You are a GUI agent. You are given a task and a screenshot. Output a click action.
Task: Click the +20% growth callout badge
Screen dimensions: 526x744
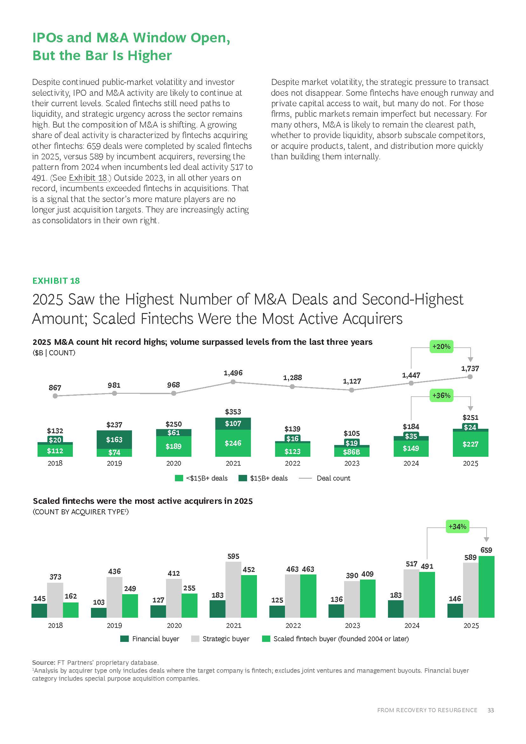(x=441, y=346)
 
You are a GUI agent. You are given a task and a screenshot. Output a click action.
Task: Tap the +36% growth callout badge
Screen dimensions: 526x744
(x=441, y=395)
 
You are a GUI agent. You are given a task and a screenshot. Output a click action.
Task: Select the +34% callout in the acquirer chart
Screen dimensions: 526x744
(x=457, y=526)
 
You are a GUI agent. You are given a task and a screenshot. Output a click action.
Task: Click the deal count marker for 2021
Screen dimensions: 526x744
(x=233, y=382)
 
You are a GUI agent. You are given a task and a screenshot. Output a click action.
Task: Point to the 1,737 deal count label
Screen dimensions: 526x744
(x=470, y=368)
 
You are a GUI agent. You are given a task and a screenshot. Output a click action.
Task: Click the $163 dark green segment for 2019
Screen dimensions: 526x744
(x=114, y=439)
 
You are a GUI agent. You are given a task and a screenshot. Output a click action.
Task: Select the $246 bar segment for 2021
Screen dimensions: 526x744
(x=233, y=443)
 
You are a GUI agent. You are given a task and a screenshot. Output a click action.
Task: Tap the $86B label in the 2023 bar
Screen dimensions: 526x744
(x=351, y=452)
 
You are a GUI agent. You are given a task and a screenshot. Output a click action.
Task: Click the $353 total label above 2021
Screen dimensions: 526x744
(x=233, y=412)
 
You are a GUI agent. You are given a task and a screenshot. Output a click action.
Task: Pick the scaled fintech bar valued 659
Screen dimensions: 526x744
(x=487, y=587)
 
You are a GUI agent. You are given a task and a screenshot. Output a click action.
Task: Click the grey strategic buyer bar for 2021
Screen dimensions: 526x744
(x=233, y=590)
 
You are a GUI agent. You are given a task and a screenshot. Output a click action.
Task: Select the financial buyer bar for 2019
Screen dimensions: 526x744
(x=99, y=613)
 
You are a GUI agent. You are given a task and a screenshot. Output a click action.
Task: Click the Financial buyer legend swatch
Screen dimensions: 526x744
(x=124, y=639)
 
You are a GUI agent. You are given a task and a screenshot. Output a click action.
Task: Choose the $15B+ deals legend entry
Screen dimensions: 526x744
(x=263, y=478)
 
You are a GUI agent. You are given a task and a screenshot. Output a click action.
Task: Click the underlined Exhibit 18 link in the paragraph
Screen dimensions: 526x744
(x=88, y=178)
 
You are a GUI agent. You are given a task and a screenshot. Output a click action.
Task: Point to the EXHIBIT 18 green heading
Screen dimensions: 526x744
(x=56, y=281)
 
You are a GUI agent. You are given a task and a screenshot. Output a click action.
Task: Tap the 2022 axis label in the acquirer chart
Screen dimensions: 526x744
(x=293, y=626)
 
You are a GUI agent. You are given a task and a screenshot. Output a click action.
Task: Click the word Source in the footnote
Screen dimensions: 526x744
(x=43, y=663)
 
